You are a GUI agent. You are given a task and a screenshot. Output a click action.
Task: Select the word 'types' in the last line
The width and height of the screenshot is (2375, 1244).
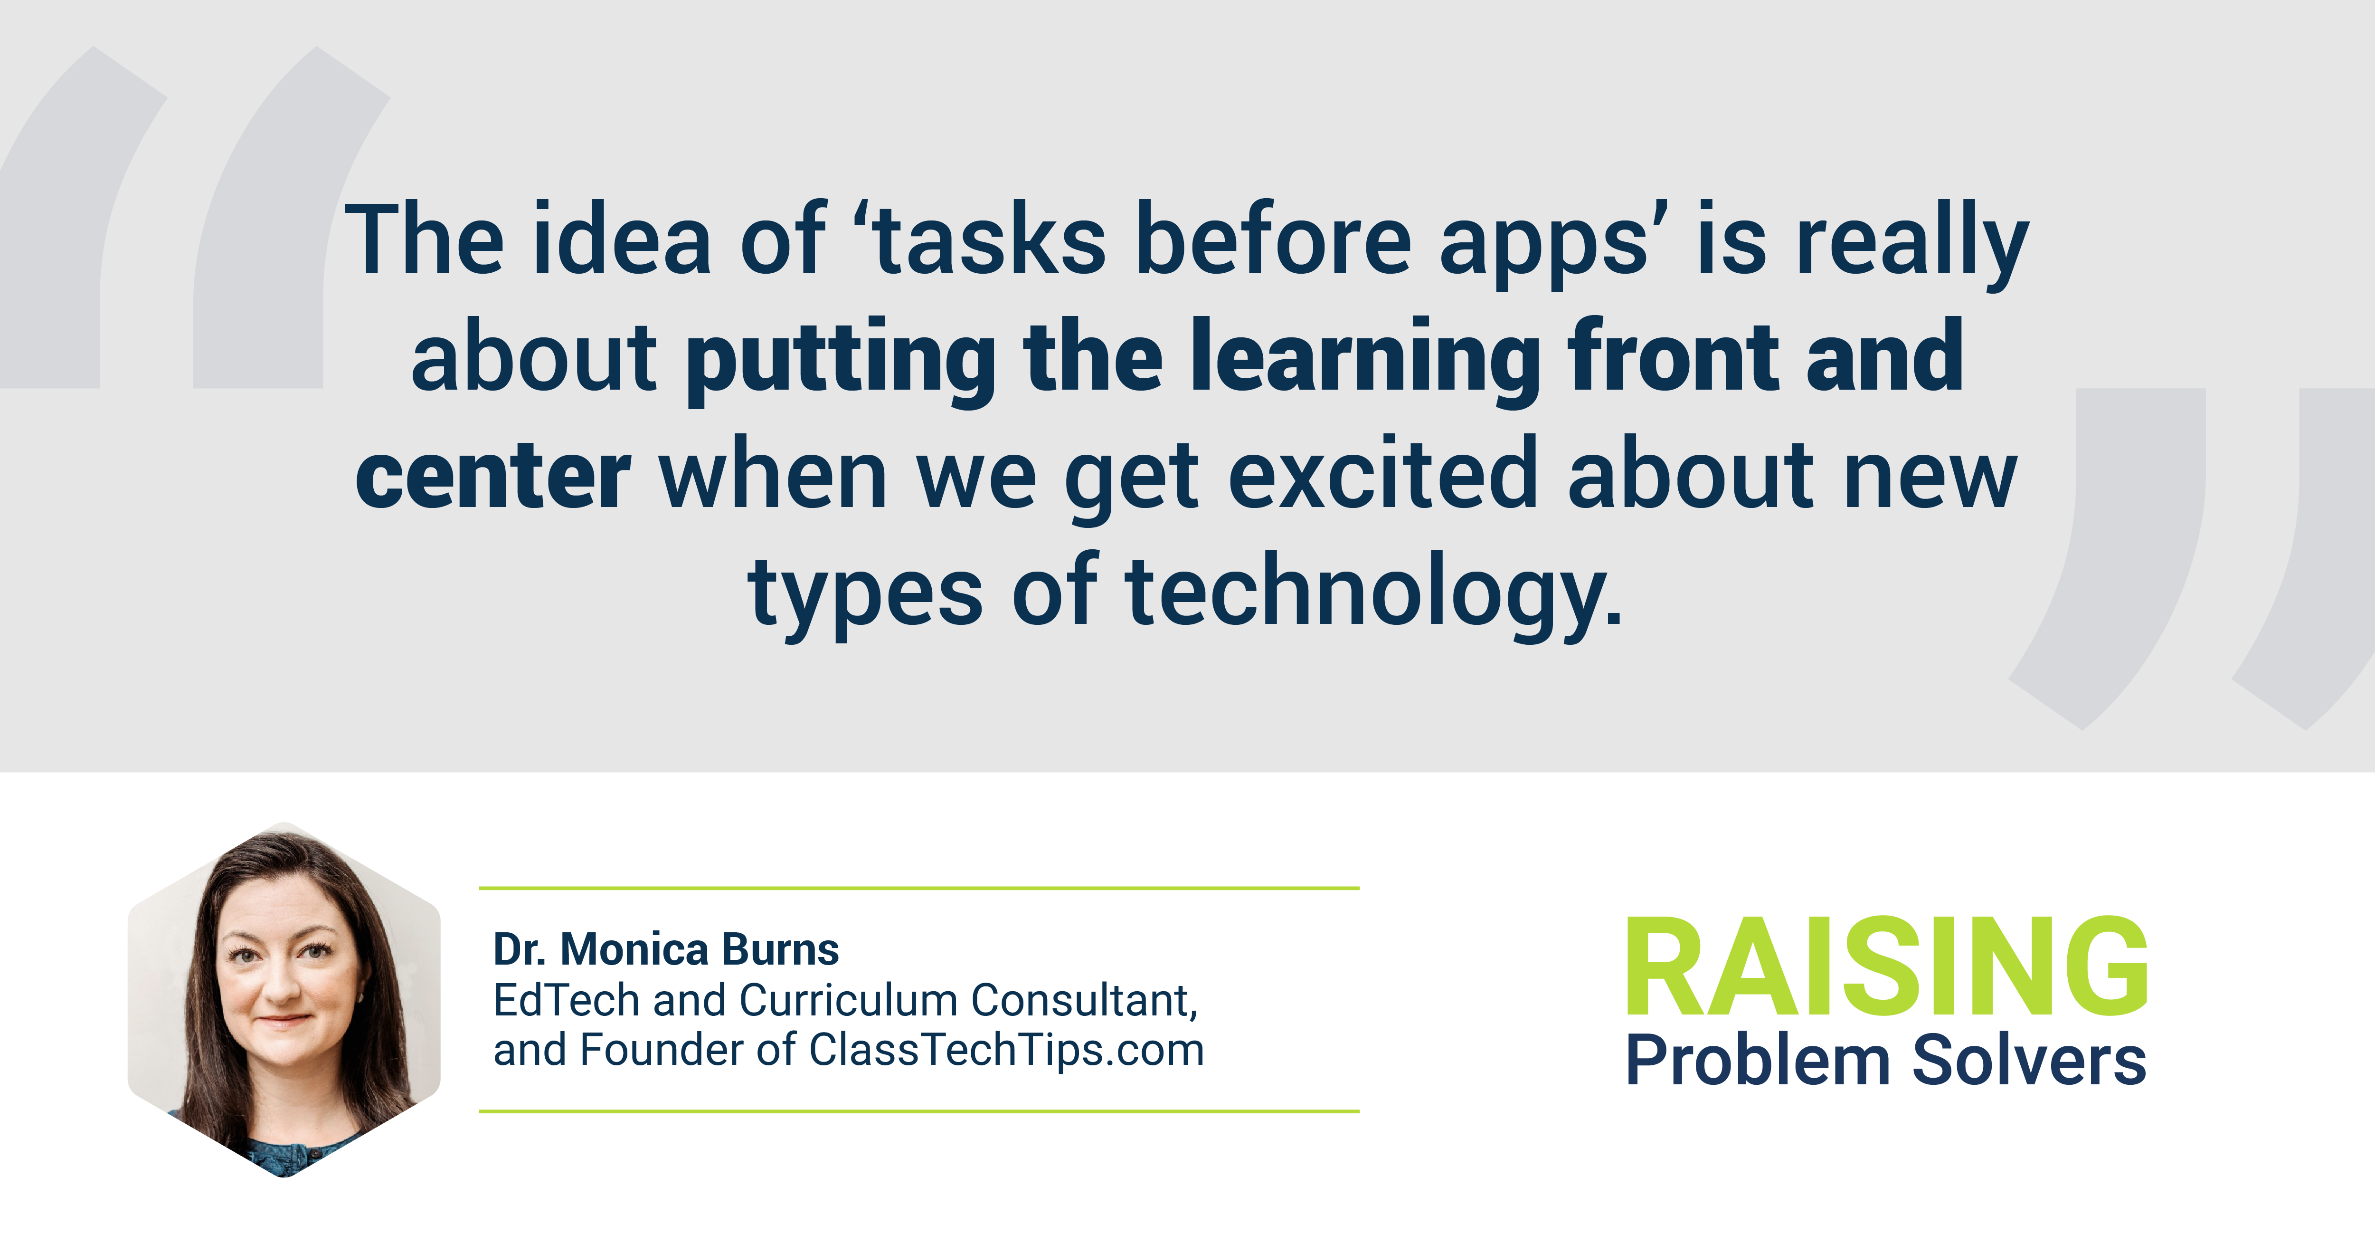[865, 598]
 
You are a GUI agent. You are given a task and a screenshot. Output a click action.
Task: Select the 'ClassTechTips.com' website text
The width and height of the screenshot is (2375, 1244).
[1007, 1051]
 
